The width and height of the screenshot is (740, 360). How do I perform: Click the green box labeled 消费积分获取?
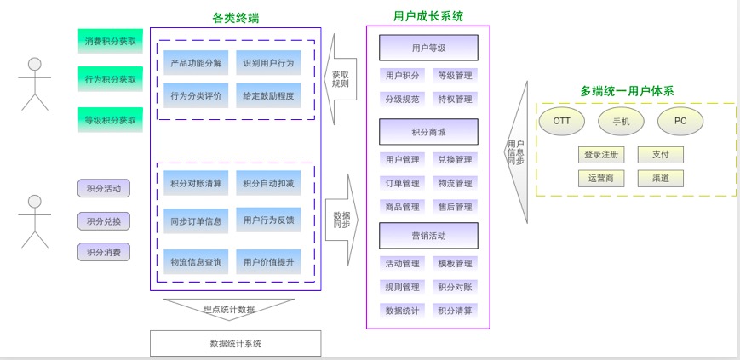(110, 40)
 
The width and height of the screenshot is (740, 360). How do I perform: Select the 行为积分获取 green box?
(110, 79)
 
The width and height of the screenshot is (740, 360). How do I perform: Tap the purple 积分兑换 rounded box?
(104, 221)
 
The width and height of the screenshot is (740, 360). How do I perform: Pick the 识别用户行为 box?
(268, 63)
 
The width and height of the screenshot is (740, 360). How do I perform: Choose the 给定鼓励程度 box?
(268, 95)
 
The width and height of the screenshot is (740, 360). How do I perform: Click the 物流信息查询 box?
(196, 262)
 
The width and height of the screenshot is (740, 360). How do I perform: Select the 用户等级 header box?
(428, 48)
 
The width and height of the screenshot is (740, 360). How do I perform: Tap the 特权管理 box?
(455, 99)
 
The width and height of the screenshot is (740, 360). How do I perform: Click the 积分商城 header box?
(428, 132)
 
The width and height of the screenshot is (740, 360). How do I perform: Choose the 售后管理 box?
(455, 207)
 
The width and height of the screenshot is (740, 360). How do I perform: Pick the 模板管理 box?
(455, 264)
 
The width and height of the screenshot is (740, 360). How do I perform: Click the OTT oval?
(562, 121)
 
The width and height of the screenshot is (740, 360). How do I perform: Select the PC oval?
(680, 121)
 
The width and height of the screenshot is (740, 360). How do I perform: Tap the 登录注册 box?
(600, 155)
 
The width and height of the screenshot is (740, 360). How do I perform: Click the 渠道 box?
(660, 179)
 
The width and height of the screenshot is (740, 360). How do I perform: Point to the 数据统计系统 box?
(236, 344)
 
